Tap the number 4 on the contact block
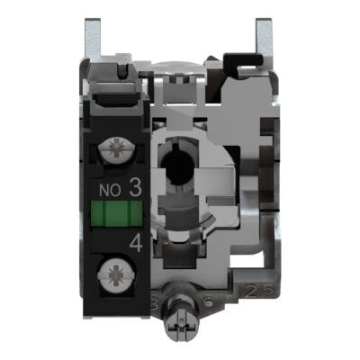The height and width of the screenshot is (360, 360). (135, 241)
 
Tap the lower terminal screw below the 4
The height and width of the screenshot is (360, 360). (118, 270)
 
